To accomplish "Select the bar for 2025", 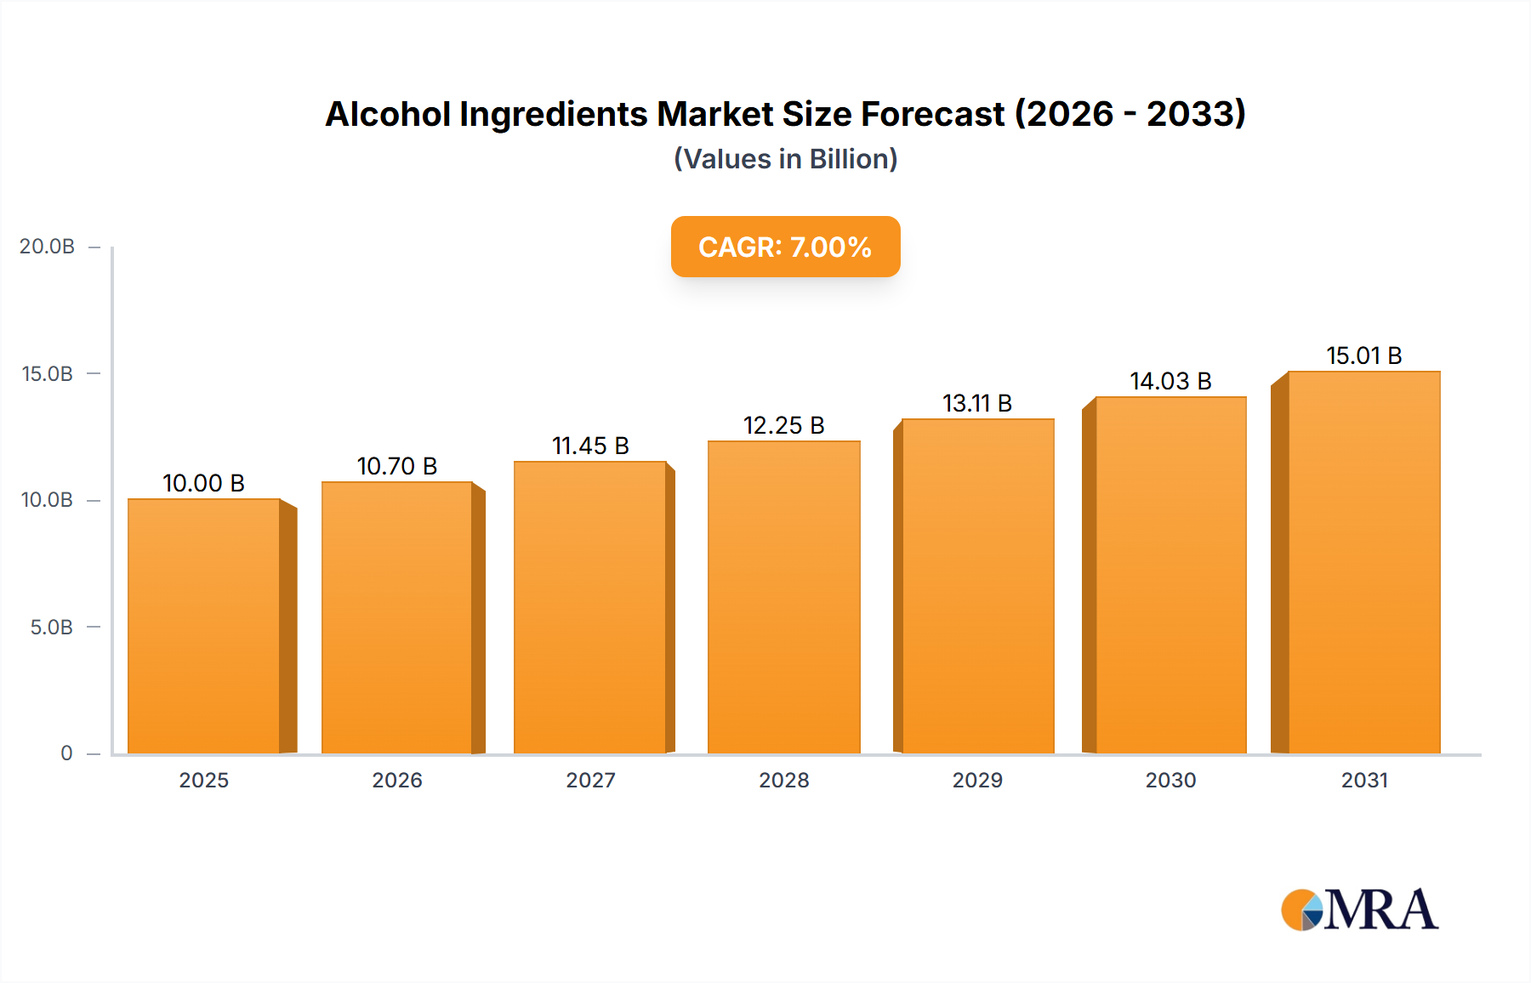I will pyautogui.click(x=204, y=626).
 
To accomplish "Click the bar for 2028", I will pyautogui.click(x=783, y=597).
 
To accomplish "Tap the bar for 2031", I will pyautogui.click(x=1363, y=562).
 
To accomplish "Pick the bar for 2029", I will pyautogui.click(x=977, y=586).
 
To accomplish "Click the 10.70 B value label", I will pyautogui.click(x=397, y=466).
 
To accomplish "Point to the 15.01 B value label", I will pyautogui.click(x=1363, y=355).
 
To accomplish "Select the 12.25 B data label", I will pyautogui.click(x=783, y=425).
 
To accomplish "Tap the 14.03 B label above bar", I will pyautogui.click(x=1170, y=381).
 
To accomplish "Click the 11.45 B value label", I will pyautogui.click(x=590, y=446).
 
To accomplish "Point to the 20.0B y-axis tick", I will pyautogui.click(x=48, y=247).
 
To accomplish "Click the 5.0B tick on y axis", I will pyautogui.click(x=51, y=628).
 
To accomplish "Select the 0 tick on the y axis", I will pyautogui.click(x=66, y=753).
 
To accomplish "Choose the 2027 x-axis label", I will pyautogui.click(x=590, y=780).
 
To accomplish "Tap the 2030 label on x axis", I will pyautogui.click(x=1170, y=780).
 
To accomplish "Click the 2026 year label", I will pyautogui.click(x=397, y=780).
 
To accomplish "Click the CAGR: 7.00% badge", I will pyautogui.click(x=785, y=247).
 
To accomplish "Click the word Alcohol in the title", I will pyautogui.click(x=388, y=114).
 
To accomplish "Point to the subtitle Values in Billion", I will pyautogui.click(x=785, y=159).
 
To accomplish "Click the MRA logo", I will pyautogui.click(x=1359, y=910).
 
